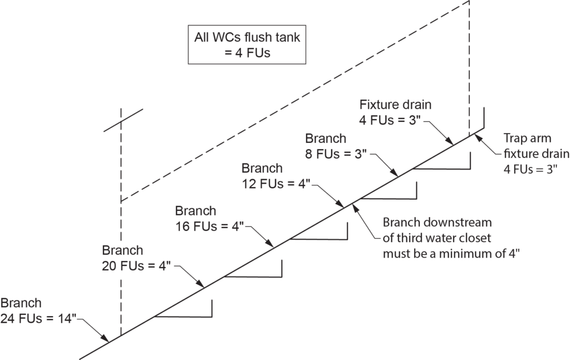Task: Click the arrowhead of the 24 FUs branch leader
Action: point(107,339)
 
